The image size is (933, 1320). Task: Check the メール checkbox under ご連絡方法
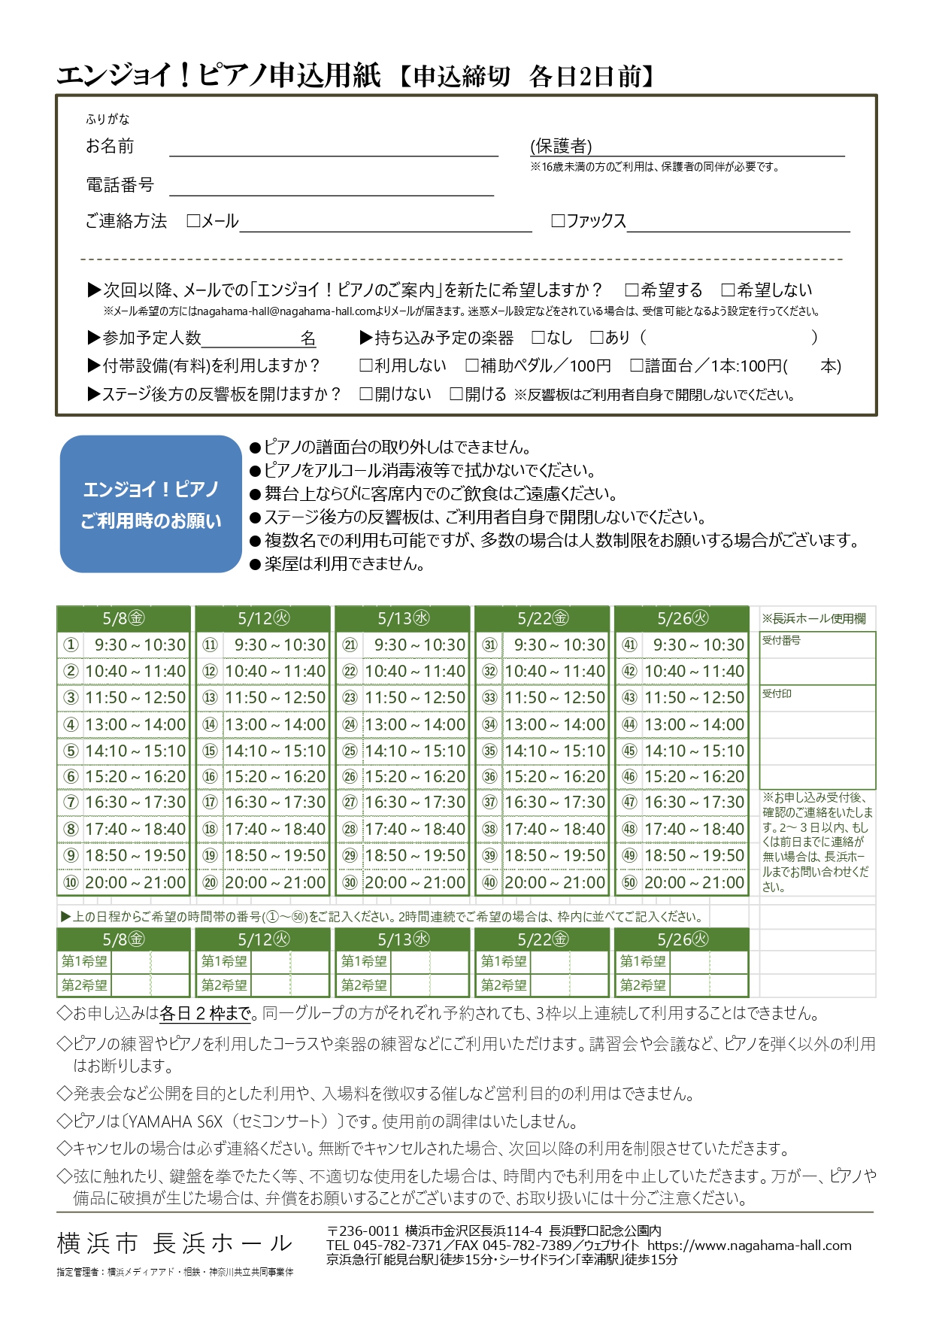tap(193, 221)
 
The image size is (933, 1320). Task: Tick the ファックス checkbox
tap(558, 221)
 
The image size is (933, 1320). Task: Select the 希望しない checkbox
tap(728, 290)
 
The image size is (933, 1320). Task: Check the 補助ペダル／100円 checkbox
tap(472, 366)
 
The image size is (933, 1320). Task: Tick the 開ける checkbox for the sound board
tap(456, 394)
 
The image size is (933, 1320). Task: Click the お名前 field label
tap(110, 146)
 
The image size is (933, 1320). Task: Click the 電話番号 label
tap(120, 184)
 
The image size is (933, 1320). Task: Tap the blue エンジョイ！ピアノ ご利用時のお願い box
tap(150, 504)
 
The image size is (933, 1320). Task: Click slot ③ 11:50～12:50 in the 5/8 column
tap(124, 698)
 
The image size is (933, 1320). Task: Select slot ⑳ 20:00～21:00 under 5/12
tap(263, 883)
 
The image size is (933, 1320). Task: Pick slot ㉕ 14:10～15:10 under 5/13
tap(403, 751)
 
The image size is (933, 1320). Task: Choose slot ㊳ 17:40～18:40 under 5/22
tap(543, 830)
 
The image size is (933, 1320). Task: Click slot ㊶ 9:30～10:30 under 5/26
tap(682, 645)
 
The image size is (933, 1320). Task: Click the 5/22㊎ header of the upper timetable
tap(542, 619)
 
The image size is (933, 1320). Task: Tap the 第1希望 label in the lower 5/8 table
tap(84, 962)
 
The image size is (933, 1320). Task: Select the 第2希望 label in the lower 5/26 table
tap(642, 985)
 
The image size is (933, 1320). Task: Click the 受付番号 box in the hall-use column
tap(817, 657)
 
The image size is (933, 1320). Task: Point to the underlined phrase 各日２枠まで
tap(205, 1014)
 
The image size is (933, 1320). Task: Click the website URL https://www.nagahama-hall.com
tap(749, 1246)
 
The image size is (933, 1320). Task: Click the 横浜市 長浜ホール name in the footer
tap(174, 1243)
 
